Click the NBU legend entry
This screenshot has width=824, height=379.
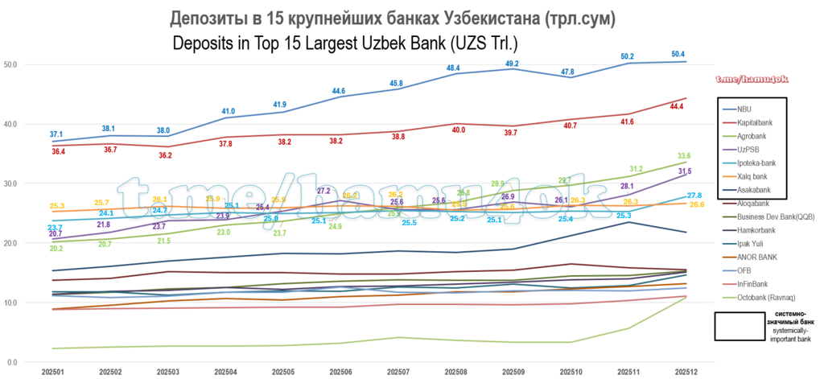[x=744, y=109]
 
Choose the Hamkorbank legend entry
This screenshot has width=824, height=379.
[x=753, y=230]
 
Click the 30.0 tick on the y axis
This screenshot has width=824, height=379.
[x=10, y=183]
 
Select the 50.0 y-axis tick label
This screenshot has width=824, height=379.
[x=10, y=64]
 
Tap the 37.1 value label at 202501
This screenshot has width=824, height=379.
[x=56, y=134]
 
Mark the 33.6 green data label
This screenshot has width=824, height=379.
[x=684, y=156]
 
